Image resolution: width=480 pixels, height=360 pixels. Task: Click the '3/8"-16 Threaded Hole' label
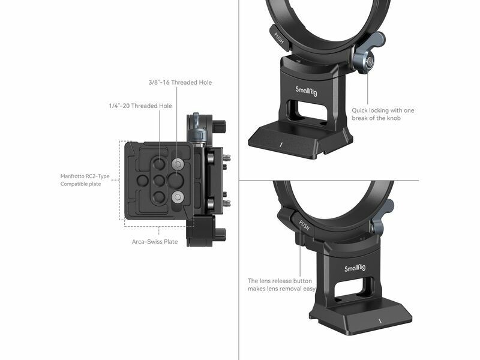pos(180,82)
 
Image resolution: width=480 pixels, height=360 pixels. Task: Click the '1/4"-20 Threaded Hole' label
pos(140,106)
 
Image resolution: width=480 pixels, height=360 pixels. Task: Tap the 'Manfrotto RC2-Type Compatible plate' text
pos(85,180)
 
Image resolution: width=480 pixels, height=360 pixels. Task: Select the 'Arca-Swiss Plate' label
pos(155,242)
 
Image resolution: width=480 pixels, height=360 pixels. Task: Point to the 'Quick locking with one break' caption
pos(383,114)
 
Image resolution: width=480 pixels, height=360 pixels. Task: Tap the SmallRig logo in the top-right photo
pos(306,91)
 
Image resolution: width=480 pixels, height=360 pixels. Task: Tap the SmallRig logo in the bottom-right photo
pos(355,268)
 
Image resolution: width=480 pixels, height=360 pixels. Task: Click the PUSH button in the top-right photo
pos(279,38)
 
